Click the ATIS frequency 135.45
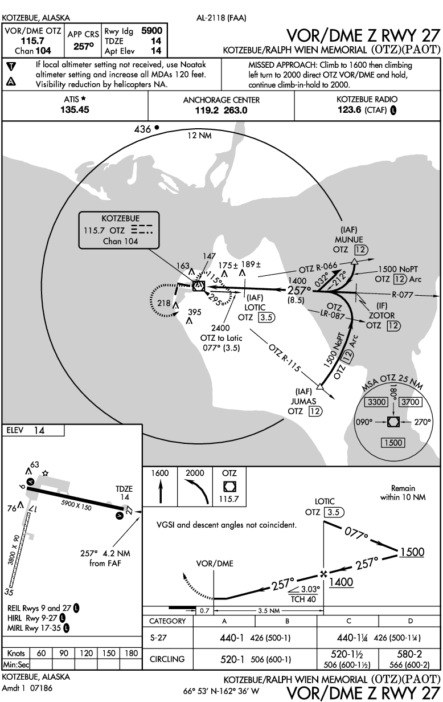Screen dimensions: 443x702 click(75, 109)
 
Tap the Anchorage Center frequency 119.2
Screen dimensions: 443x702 click(207, 111)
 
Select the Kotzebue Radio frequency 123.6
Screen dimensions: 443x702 click(350, 110)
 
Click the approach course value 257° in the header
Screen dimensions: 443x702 click(84, 46)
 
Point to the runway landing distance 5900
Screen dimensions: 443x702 click(152, 31)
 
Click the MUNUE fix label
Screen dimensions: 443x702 click(349, 239)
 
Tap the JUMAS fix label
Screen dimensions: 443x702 click(303, 401)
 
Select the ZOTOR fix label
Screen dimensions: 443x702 click(382, 315)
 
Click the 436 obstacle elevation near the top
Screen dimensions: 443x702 click(142, 129)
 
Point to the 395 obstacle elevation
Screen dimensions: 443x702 click(194, 312)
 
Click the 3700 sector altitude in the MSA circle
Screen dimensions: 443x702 click(411, 402)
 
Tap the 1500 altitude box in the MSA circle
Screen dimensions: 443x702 click(393, 443)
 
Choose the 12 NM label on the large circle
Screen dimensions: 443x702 click(199, 136)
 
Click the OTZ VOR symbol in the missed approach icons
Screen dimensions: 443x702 click(229, 487)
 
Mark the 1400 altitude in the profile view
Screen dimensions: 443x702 click(341, 582)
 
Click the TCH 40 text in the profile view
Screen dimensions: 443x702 click(303, 599)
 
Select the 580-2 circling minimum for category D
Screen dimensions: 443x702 click(409, 654)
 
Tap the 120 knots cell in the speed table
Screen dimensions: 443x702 click(86, 653)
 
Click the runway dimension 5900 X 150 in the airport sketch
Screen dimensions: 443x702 click(76, 505)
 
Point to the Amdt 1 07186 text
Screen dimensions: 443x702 click(27, 688)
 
